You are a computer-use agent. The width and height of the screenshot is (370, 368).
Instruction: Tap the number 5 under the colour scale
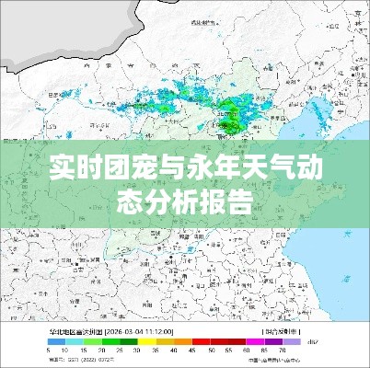point(50,350)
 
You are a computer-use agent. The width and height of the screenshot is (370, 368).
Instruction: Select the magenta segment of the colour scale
point(273,341)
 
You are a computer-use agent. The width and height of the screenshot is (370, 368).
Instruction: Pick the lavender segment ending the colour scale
point(293,341)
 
